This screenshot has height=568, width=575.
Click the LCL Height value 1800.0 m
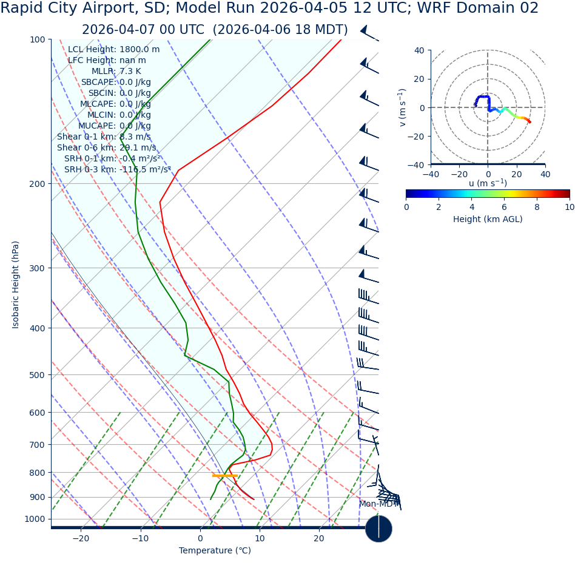(x=140, y=50)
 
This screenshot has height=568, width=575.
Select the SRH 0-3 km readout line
(x=118, y=170)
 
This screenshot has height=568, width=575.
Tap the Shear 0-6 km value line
(x=106, y=148)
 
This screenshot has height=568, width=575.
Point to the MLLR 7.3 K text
(x=116, y=72)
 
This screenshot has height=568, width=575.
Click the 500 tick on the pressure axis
(x=38, y=375)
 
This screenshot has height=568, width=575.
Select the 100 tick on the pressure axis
(x=38, y=39)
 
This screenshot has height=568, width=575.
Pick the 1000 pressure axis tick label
(x=35, y=519)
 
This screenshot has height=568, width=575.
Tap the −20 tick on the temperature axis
(x=81, y=538)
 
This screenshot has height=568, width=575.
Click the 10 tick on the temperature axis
(x=260, y=538)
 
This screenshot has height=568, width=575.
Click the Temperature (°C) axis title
(x=215, y=551)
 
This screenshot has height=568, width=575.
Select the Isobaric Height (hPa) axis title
(x=16, y=285)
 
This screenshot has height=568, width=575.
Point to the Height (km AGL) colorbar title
(x=488, y=220)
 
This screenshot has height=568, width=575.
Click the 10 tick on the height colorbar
(x=569, y=207)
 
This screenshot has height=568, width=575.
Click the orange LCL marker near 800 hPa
(x=224, y=476)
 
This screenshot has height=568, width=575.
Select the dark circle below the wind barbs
(x=378, y=529)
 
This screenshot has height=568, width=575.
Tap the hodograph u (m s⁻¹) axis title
(x=488, y=183)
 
